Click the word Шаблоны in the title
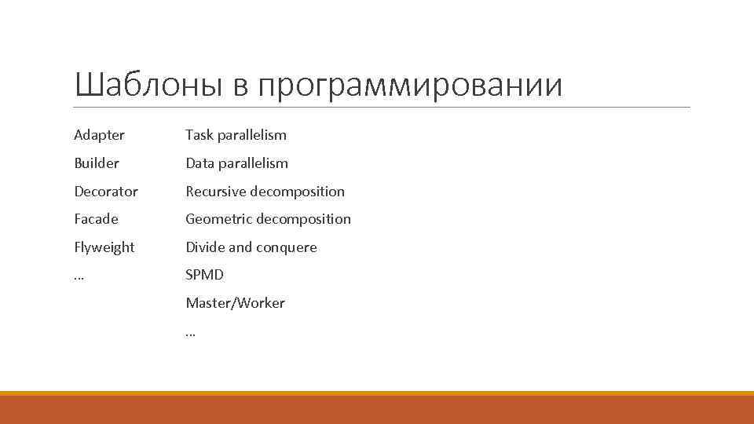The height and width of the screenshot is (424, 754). (148, 85)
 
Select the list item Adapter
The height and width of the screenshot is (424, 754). (99, 135)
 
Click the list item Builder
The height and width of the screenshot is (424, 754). (97, 163)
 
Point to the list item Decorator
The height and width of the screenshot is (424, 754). (105, 192)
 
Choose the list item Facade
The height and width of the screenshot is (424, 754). (96, 219)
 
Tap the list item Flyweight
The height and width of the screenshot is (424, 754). (104, 247)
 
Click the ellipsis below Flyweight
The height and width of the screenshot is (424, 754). (79, 277)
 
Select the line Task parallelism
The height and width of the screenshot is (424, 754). (236, 135)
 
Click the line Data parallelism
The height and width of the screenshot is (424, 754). (236, 163)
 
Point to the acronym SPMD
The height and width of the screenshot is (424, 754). (204, 275)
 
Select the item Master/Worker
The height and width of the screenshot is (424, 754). (235, 303)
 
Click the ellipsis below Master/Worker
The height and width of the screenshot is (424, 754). (190, 333)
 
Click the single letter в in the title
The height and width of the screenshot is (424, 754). (240, 86)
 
